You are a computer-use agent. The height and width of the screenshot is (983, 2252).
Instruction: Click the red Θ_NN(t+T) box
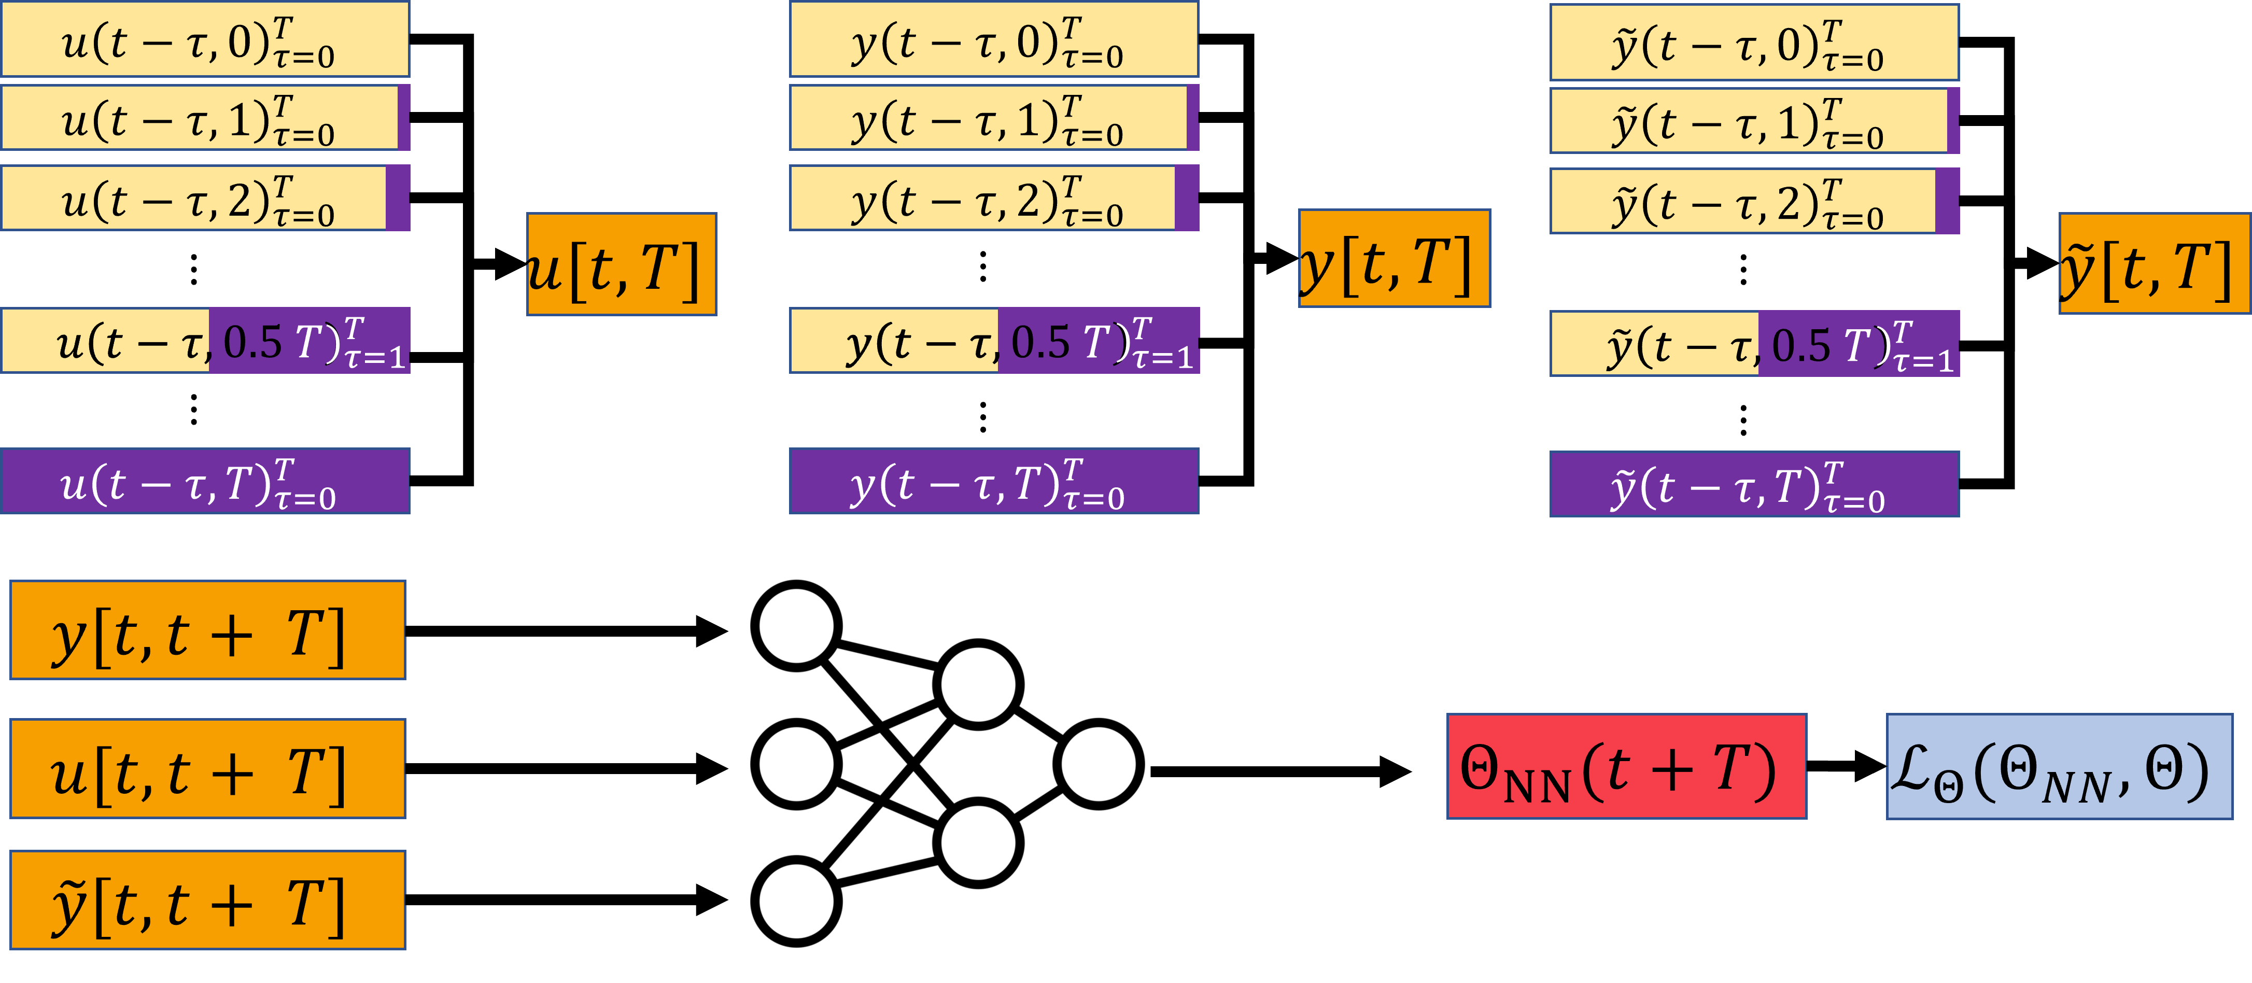click(1626, 766)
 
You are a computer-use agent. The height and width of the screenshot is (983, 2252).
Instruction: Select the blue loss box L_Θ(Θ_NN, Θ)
click(2059, 766)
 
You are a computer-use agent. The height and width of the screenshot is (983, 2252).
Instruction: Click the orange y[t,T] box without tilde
click(1395, 258)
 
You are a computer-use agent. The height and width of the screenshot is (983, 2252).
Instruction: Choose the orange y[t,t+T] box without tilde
click(208, 630)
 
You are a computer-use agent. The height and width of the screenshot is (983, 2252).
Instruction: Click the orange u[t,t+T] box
click(208, 769)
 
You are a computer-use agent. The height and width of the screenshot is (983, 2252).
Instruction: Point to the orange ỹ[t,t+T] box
click(208, 900)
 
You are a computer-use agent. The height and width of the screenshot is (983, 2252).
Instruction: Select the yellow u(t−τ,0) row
click(205, 39)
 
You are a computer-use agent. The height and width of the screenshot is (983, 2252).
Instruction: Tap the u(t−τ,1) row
click(205, 117)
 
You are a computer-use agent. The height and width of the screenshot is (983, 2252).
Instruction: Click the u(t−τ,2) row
click(205, 198)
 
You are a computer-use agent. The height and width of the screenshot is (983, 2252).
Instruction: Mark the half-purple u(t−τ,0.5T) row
click(205, 340)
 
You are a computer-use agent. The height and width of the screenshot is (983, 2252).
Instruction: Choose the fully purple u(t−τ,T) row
click(205, 481)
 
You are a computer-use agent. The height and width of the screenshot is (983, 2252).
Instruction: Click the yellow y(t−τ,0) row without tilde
click(994, 39)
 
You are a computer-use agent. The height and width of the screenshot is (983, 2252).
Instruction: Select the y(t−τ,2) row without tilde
click(994, 198)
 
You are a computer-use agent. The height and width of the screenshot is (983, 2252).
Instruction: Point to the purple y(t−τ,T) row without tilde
click(994, 481)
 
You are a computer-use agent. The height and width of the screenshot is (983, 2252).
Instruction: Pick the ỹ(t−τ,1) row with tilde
click(1754, 121)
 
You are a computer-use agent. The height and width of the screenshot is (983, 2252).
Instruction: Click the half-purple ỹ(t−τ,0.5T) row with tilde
click(1754, 344)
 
